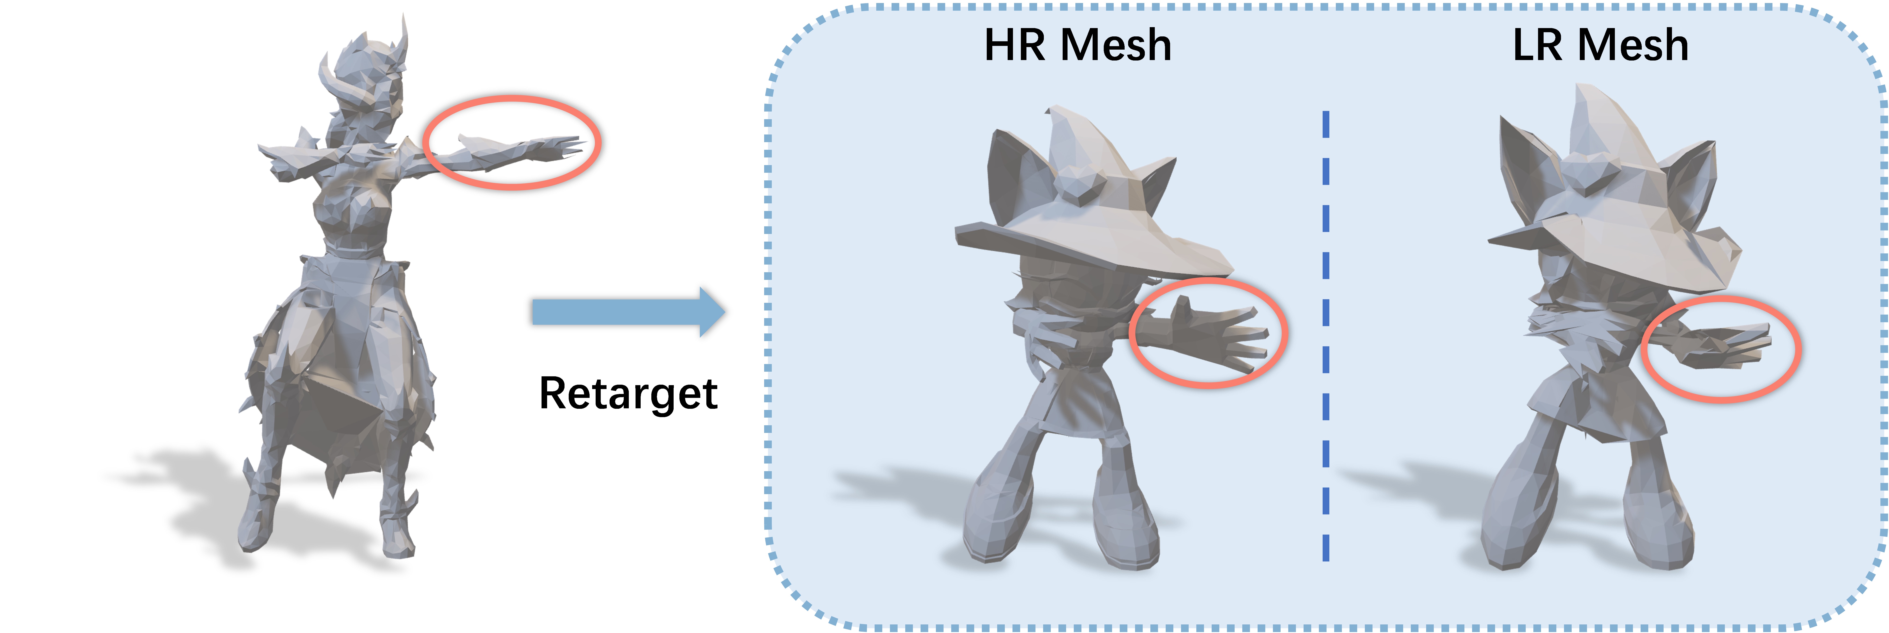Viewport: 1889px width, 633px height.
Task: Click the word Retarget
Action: pyautogui.click(x=628, y=394)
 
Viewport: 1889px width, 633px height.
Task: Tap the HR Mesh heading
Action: pyautogui.click(x=1077, y=45)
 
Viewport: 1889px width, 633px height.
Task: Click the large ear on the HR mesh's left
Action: pyautogui.click(x=1016, y=176)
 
